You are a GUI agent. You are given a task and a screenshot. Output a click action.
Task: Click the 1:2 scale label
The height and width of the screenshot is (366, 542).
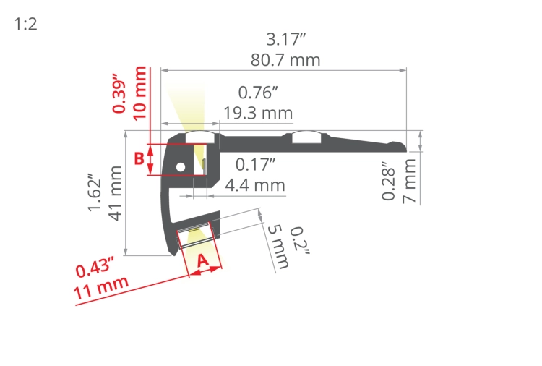[25, 25]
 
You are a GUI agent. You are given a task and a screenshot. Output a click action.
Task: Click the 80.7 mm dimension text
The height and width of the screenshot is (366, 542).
[285, 60]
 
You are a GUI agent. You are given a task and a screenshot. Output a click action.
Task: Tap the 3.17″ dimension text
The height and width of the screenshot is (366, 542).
[286, 40]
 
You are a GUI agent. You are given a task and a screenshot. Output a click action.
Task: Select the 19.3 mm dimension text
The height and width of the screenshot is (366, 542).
[258, 113]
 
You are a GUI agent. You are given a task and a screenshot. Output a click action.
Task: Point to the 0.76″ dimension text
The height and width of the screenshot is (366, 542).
[258, 93]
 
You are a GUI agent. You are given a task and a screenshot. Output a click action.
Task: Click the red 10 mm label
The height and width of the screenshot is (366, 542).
[139, 93]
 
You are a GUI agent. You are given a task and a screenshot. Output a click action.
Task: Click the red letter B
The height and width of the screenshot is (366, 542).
[139, 159]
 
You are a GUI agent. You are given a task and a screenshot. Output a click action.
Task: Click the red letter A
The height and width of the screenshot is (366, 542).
[202, 260]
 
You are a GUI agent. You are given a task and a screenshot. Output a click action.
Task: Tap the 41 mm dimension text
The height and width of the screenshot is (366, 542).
[115, 193]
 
